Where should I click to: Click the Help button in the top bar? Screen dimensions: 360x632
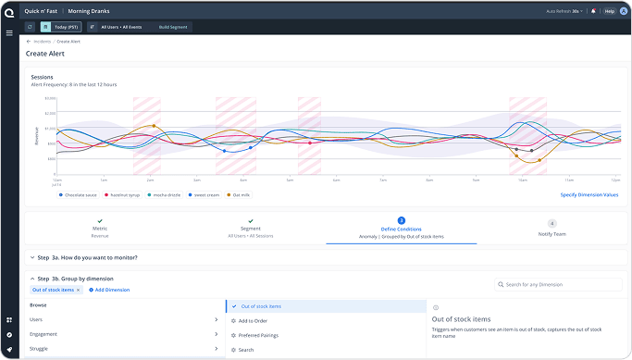(609, 11)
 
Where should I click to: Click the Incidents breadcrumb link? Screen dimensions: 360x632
(42, 42)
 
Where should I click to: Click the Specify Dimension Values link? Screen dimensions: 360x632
(589, 195)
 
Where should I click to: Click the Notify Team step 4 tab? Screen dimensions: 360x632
(551, 229)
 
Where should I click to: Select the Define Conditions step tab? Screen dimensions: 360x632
(401, 230)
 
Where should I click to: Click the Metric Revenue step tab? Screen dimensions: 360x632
(100, 230)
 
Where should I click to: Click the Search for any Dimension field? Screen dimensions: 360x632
(555, 285)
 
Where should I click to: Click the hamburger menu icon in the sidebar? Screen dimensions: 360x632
(8, 32)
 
